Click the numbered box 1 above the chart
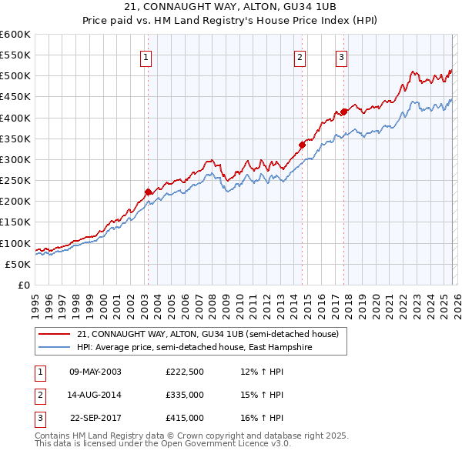146,56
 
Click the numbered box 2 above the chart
300,56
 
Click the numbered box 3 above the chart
341,56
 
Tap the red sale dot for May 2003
148,192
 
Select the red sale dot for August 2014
302,145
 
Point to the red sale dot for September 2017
344,112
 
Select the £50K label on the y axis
18,264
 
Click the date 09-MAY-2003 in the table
95,372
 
